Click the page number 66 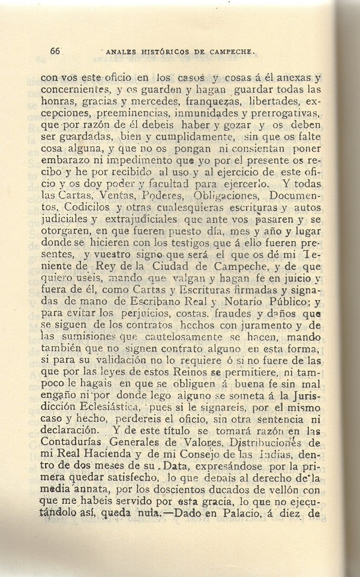pos(56,52)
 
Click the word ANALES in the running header pos(120,52)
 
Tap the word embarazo pos(63,161)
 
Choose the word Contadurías pos(76,463)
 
